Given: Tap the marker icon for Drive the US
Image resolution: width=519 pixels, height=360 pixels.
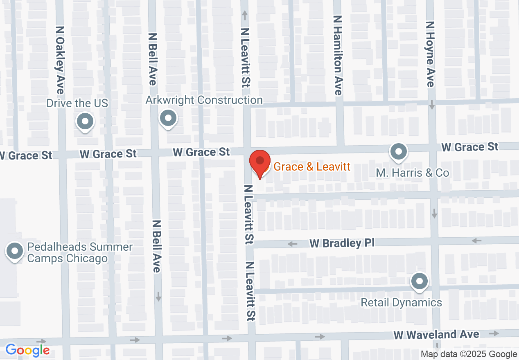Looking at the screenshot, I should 86,122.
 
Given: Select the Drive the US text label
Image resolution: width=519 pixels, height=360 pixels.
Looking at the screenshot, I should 77,103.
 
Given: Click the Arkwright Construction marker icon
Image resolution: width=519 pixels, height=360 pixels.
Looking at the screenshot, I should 168,119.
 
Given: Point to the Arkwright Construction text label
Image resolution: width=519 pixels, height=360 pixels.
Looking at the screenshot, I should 204,100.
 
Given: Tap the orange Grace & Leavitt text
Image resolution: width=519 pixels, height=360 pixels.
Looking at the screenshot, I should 312,166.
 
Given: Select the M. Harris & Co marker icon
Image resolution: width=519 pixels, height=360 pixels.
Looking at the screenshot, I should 398,152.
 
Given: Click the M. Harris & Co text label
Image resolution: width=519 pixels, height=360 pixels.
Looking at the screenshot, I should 413,173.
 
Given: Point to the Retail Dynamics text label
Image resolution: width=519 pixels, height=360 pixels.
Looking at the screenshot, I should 401,302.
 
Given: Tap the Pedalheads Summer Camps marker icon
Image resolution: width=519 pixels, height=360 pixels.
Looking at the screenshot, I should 15,251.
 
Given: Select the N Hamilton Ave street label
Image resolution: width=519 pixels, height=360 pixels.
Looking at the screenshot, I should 338,56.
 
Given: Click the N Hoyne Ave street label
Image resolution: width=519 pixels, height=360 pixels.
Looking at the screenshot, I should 430,54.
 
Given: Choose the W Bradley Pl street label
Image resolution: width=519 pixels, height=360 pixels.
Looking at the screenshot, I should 342,243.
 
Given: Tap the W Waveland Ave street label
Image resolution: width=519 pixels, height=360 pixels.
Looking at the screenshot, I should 436,335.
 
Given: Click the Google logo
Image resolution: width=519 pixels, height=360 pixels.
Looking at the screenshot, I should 27,351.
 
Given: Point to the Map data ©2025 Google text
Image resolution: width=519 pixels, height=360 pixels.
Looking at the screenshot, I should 469,354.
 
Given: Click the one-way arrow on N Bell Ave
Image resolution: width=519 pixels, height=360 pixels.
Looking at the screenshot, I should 158,296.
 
